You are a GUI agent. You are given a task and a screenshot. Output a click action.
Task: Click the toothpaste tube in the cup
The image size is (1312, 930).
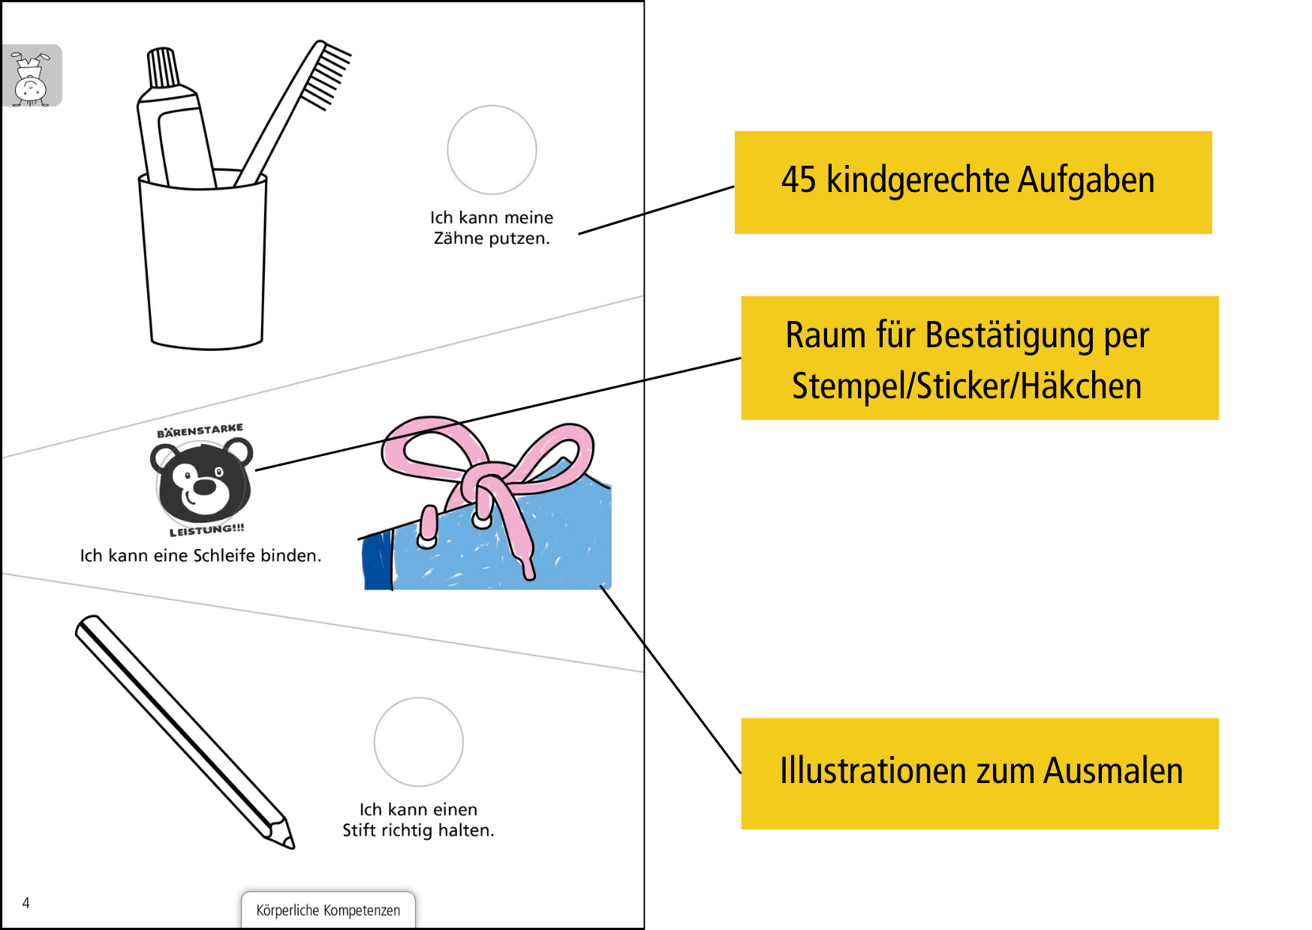click(x=175, y=127)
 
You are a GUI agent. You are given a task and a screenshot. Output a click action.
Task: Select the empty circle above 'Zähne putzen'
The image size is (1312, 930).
click(x=492, y=149)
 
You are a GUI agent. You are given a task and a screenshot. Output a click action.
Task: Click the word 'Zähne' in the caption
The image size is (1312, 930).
click(x=458, y=238)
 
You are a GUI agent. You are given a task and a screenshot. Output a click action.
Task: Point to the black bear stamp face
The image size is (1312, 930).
click(x=201, y=481)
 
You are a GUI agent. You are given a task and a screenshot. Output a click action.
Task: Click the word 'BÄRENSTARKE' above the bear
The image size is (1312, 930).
click(x=200, y=430)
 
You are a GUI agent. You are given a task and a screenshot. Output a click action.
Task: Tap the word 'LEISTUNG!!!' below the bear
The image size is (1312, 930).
click(x=206, y=530)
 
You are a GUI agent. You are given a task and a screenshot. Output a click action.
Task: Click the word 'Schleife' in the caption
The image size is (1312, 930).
click(x=224, y=556)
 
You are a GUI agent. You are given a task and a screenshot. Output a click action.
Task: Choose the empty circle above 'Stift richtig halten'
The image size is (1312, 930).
click(x=418, y=742)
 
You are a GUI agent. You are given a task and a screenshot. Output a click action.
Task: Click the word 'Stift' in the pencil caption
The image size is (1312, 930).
click(x=360, y=830)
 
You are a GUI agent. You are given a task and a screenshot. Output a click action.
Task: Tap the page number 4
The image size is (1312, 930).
click(x=26, y=903)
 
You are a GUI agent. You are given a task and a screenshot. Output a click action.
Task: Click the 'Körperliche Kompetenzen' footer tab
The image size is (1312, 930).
click(x=328, y=910)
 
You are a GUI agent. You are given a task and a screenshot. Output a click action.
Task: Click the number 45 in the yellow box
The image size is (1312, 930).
click(x=798, y=180)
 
